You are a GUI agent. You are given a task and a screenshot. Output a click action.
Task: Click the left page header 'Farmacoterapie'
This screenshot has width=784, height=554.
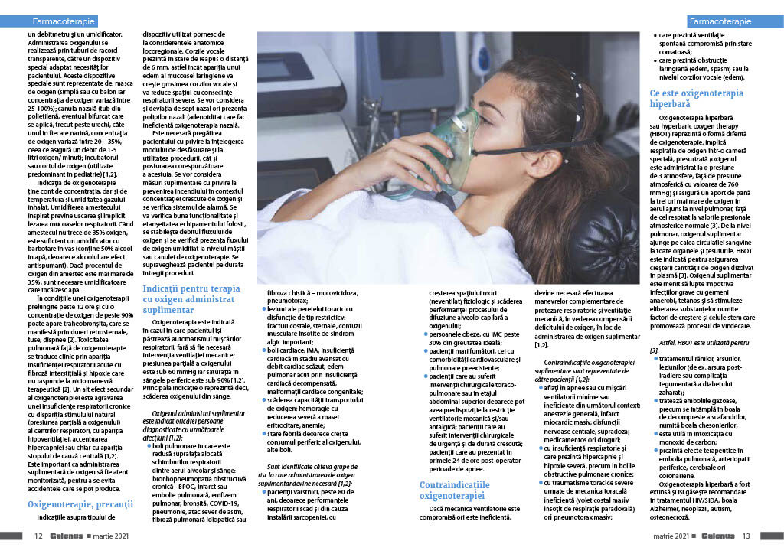click(59, 21)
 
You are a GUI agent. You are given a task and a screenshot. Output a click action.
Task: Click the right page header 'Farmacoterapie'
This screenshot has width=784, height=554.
click(724, 21)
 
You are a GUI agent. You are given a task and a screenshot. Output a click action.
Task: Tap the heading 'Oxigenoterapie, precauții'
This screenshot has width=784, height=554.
click(80, 504)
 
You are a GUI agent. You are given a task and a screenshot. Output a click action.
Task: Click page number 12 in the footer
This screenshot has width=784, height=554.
click(38, 536)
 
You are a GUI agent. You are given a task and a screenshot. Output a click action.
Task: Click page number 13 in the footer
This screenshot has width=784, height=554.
click(746, 536)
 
